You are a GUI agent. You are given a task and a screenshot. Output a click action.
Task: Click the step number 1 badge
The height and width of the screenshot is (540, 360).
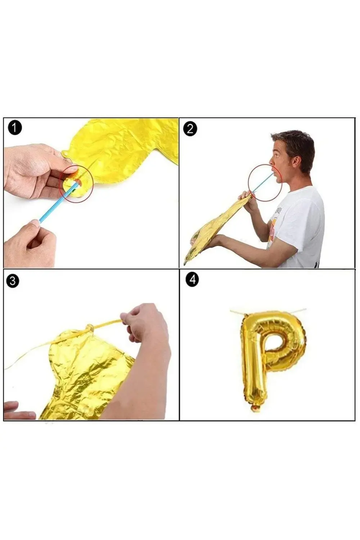point(15,128)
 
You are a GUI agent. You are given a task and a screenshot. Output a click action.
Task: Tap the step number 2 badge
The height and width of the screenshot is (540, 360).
point(190,129)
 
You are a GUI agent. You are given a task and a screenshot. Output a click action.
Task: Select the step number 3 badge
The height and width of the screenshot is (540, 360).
point(13,281)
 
